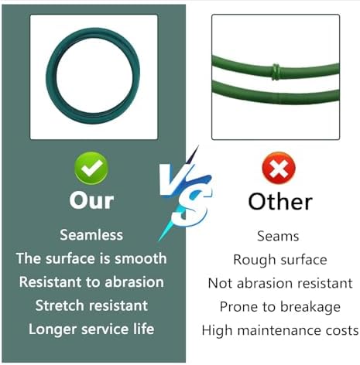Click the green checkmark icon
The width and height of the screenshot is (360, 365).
(91, 168)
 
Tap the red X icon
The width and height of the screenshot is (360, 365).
(279, 168)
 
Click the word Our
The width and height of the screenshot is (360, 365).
(91, 200)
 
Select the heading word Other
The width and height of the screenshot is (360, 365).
(280, 201)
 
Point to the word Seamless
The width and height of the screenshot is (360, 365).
(91, 235)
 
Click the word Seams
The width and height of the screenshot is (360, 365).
(278, 236)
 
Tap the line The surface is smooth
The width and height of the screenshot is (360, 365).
(91, 258)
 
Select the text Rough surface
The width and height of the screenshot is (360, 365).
(280, 260)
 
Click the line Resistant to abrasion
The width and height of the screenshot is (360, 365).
(91, 281)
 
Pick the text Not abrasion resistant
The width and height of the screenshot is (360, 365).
(280, 283)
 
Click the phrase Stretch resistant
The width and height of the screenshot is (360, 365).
(91, 305)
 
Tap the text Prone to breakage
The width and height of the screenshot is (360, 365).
(280, 307)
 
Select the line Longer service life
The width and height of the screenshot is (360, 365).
(91, 329)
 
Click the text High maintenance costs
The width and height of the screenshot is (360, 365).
(280, 330)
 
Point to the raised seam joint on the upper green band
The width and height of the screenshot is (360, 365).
(276, 72)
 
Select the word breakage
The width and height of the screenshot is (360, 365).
(310, 307)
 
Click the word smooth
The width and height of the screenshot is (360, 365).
(141, 258)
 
